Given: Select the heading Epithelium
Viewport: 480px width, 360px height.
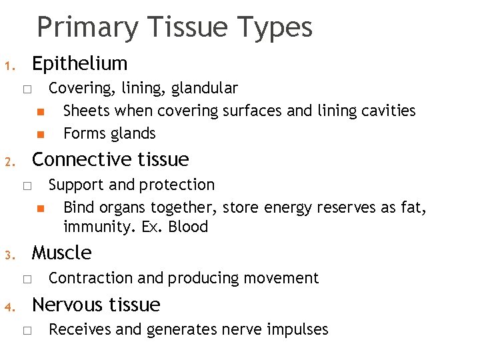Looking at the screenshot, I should (79, 64).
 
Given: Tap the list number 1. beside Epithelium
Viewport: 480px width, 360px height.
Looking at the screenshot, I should (9, 67).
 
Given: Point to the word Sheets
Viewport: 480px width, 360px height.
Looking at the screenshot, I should (83, 111).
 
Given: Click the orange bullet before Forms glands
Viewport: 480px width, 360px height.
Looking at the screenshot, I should (40, 134).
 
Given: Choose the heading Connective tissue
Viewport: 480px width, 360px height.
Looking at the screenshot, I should (110, 159).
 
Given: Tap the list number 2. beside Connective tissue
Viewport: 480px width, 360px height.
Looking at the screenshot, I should (9, 162).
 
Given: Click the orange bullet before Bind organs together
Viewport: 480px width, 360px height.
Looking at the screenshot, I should (40, 208).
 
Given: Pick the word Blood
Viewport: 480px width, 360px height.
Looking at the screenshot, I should (189, 227).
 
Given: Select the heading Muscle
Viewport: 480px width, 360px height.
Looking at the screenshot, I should (61, 253).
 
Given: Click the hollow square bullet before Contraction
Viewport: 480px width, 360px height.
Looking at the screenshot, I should (26, 279).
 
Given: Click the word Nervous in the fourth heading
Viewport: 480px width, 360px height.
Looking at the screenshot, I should (67, 305).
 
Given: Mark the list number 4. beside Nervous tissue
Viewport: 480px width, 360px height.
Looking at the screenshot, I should (9, 307).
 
